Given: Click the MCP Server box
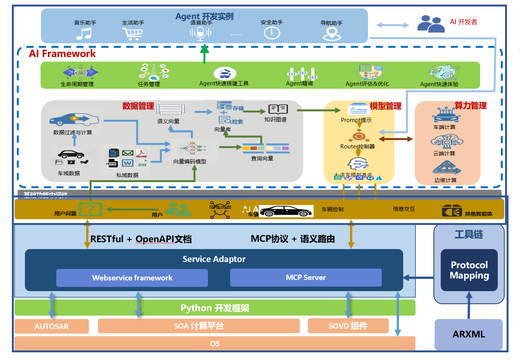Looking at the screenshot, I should coord(306,277).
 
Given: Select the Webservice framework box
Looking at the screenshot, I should coord(132,278).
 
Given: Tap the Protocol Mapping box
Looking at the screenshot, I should coord(469,270).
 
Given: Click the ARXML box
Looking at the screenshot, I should coord(469,334).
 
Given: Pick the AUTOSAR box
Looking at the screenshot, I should coord(52,326).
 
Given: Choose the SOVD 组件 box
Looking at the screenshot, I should coord(348,326).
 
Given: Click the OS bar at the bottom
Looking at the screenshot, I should coord(215,344).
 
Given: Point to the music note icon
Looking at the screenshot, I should coord(84,34).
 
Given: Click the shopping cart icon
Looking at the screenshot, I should coord(132,34).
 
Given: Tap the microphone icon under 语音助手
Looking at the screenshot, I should coord(200,34).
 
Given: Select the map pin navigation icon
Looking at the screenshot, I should coord(332,34).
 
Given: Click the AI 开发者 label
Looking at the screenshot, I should coord(463,22).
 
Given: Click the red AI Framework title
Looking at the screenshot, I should coord(62,54).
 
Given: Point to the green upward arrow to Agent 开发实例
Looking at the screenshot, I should coord(204,54).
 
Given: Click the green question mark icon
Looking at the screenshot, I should coord(90,209).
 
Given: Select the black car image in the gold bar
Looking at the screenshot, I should coord(286,211).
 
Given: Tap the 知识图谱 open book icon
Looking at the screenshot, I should coord(278,109).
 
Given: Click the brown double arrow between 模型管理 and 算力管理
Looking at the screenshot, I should coord(396,139).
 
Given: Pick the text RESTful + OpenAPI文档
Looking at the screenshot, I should coord(141,239).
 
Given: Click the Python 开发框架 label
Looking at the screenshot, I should coord(215,308).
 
